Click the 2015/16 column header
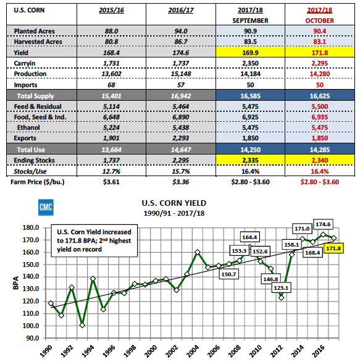pyautogui.click(x=111, y=11)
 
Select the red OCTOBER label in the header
pyautogui.click(x=320, y=20)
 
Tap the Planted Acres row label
pyautogui.click(x=35, y=31)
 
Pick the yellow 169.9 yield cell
pyautogui.click(x=250, y=53)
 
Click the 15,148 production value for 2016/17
pyautogui.click(x=181, y=74)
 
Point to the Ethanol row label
pyautogui.click(x=28, y=127)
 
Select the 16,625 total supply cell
pyautogui.click(x=320, y=96)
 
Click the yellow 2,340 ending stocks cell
pyautogui.click(x=320, y=160)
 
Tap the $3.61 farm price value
pyautogui.click(x=111, y=182)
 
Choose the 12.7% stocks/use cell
pyautogui.click(x=111, y=171)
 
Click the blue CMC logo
pyautogui.click(x=46, y=207)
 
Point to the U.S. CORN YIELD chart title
pyautogui.click(x=174, y=203)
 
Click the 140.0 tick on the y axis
pyautogui.click(x=31, y=276)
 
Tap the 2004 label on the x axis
pyautogui.click(x=193, y=351)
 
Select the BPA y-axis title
pyautogui.click(x=15, y=283)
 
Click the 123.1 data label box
pyautogui.click(x=281, y=288)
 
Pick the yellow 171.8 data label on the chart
pyautogui.click(x=333, y=248)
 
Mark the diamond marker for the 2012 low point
pyautogui.click(x=282, y=298)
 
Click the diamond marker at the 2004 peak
pyautogui.click(x=198, y=252)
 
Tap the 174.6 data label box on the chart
pyautogui.click(x=323, y=224)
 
